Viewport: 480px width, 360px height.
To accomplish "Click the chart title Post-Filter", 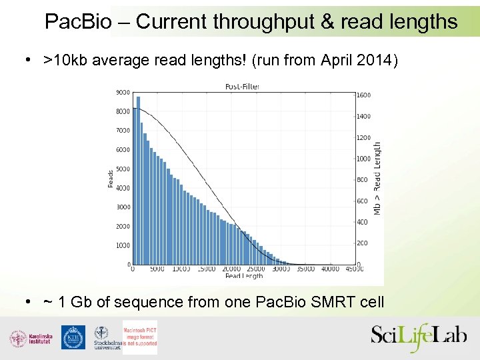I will point(242,86).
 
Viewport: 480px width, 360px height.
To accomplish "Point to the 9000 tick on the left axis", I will point(122,92).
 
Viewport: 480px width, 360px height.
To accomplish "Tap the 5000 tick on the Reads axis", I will point(122,169).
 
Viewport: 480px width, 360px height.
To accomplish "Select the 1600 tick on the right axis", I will point(363,95).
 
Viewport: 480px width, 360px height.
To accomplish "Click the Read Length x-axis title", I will point(243,276).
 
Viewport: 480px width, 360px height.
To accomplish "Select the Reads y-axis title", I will point(111,178).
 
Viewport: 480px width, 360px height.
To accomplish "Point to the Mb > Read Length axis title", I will point(377,178).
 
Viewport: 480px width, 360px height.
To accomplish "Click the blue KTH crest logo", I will point(73,337).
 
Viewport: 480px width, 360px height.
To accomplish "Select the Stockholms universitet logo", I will point(105,338).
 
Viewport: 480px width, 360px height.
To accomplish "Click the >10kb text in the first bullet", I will point(66,61).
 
